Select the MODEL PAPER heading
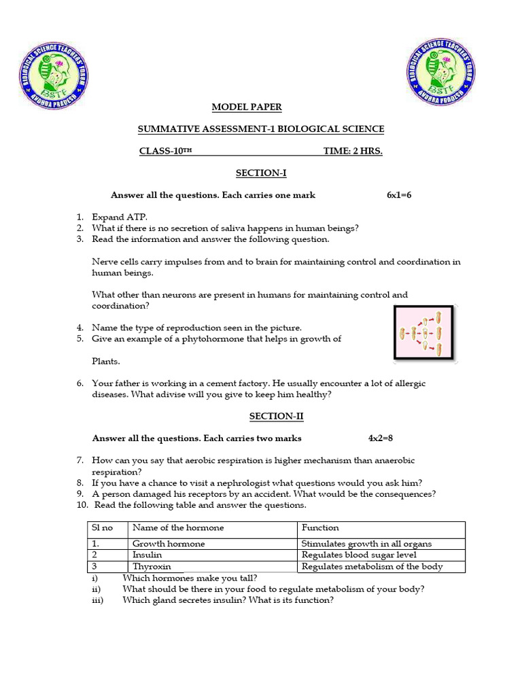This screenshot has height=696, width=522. click(x=246, y=107)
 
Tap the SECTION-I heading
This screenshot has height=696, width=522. click(x=261, y=173)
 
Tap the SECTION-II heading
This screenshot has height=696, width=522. click(x=261, y=416)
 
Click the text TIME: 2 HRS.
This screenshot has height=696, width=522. click(x=352, y=151)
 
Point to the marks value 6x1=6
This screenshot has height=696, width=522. click(x=399, y=195)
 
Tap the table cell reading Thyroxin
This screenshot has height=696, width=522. click(x=152, y=566)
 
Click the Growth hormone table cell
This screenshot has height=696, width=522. click(x=168, y=544)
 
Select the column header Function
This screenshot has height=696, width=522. click(x=320, y=527)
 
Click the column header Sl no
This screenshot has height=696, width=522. click(x=102, y=527)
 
